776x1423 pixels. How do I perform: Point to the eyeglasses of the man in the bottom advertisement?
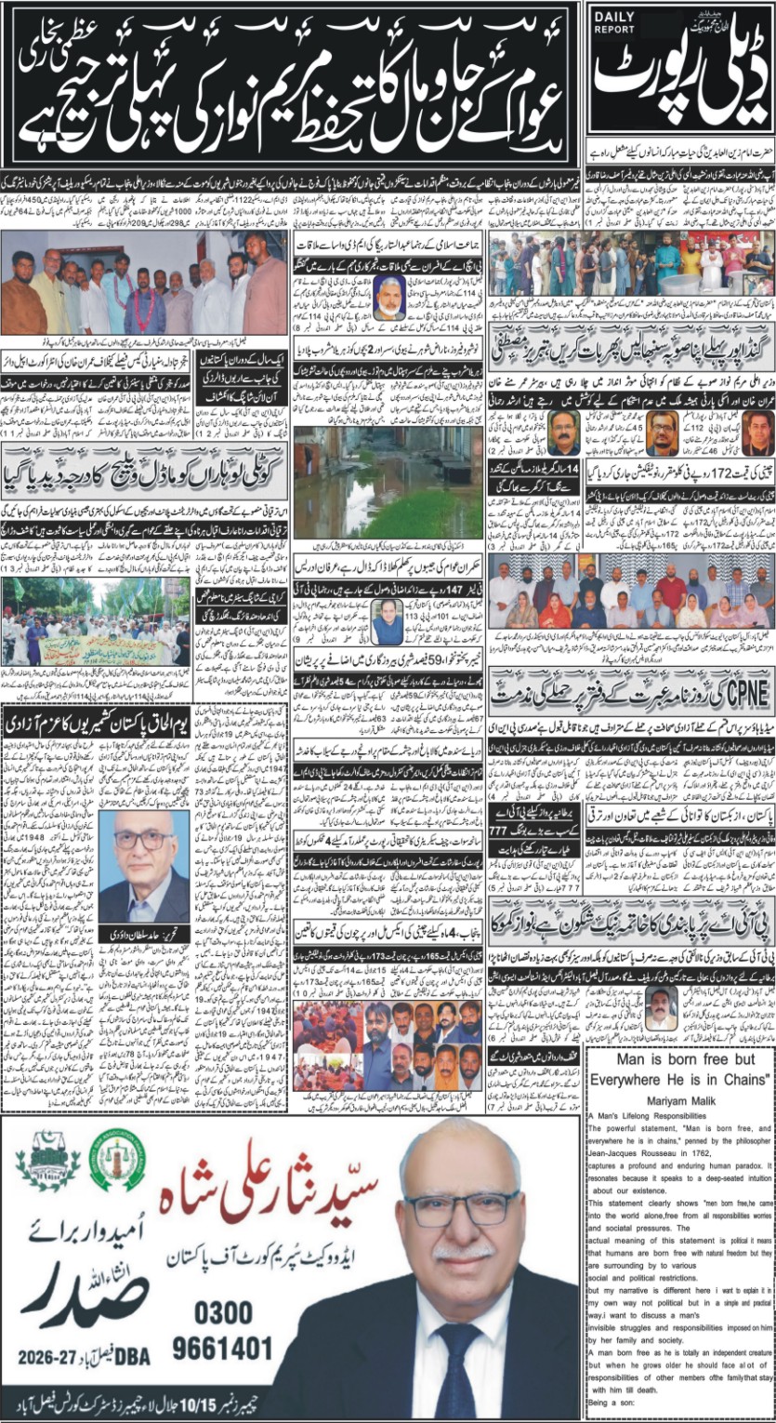click(462, 1208)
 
